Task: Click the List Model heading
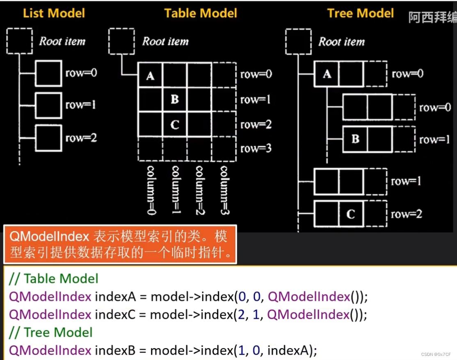point(54,13)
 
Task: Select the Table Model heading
point(201,13)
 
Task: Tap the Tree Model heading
point(361,13)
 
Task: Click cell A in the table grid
point(150,76)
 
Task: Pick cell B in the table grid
point(175,99)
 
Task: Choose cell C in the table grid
point(175,124)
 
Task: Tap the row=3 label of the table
point(256,148)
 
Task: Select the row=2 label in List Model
point(81,138)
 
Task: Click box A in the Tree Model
point(327,74)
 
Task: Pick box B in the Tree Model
point(355,139)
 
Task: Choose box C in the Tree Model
point(350,214)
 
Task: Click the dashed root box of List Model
point(19,41)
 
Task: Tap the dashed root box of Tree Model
point(298,41)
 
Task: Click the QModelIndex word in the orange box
point(49,237)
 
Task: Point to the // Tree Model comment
point(50,332)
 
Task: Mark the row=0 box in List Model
point(48,73)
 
